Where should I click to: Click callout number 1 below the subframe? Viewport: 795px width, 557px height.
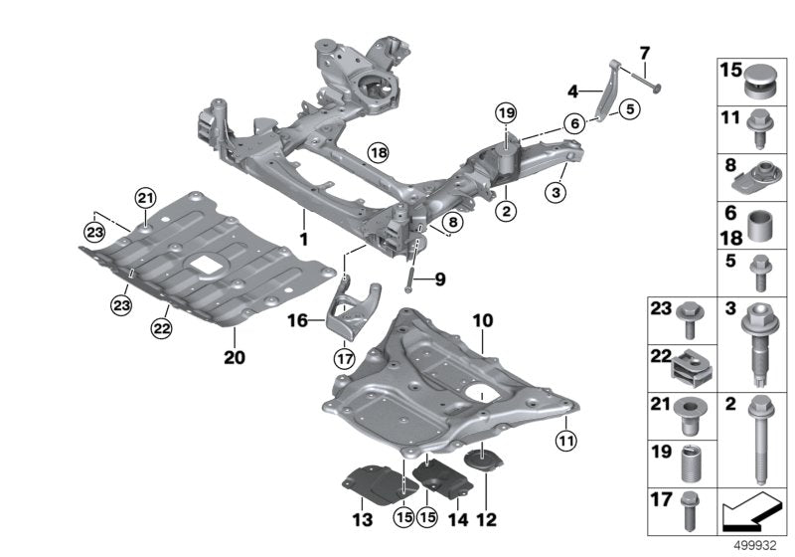coord(305,240)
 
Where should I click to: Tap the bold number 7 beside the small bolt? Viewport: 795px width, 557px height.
coord(644,52)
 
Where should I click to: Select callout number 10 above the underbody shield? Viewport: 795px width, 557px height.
coord(483,322)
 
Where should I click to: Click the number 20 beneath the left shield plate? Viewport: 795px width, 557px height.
coord(235,355)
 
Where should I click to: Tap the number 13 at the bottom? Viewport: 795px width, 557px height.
coord(361,520)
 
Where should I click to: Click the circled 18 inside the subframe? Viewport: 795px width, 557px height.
coord(378,152)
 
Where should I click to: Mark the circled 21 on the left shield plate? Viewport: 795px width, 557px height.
coord(146,198)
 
